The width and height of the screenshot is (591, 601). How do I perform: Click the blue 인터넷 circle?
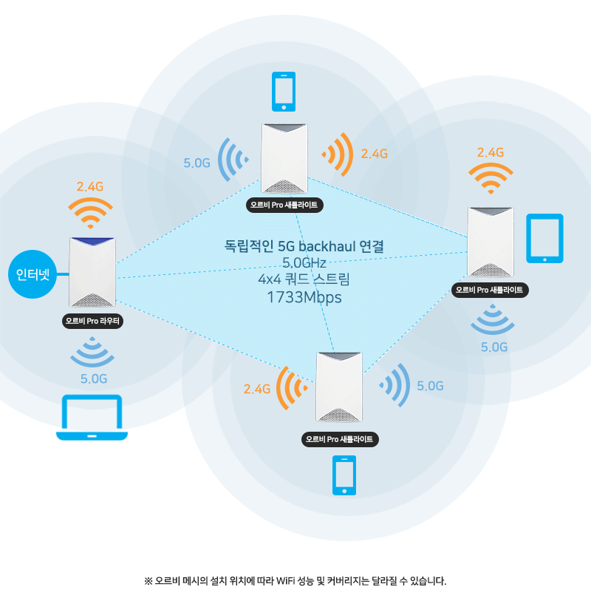tap(33, 276)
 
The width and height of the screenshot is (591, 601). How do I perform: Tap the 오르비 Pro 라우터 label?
tap(93, 322)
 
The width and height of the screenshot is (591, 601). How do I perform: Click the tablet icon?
tap(544, 238)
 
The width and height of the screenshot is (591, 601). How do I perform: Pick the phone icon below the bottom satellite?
tap(344, 475)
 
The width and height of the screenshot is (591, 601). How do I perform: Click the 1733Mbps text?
tap(304, 297)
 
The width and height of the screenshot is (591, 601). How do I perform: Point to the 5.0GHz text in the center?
tap(304, 262)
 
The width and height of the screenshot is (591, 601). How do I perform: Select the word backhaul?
tap(327, 245)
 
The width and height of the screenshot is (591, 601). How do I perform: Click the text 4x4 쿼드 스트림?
tap(304, 279)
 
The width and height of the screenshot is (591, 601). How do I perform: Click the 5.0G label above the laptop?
tap(94, 379)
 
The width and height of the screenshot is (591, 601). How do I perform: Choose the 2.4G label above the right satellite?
tap(491, 152)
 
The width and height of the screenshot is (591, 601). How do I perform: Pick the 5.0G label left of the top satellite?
tap(197, 163)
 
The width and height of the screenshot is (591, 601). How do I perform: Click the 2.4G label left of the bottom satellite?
tap(257, 389)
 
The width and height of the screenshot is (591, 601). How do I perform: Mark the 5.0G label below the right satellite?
tap(494, 347)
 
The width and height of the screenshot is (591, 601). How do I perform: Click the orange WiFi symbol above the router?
tap(90, 213)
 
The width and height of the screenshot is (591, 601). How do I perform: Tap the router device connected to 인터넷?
tap(92, 272)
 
